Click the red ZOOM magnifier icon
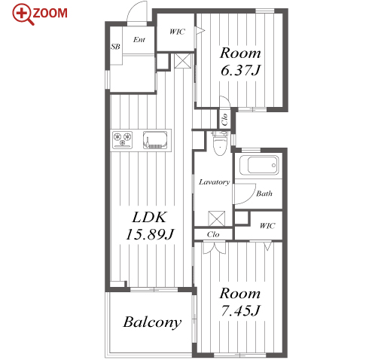coord(23,14)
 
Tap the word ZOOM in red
coord(50,14)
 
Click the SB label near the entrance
coord(115,47)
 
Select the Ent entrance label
coord(139,39)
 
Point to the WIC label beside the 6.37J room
coord(177,32)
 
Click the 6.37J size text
coord(241,70)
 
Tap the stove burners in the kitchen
coord(122,140)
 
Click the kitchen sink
coord(155,140)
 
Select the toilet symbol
coord(220,144)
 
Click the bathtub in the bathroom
coord(259,165)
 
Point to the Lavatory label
coord(215,182)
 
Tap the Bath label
coord(264,194)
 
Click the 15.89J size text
coord(150,234)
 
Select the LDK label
coord(149,217)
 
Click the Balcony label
coord(152,322)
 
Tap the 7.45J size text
coord(241,310)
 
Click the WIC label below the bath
coord(267,226)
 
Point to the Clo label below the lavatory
coord(213,234)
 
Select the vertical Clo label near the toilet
coord(224,119)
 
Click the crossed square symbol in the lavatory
coord(217,218)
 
